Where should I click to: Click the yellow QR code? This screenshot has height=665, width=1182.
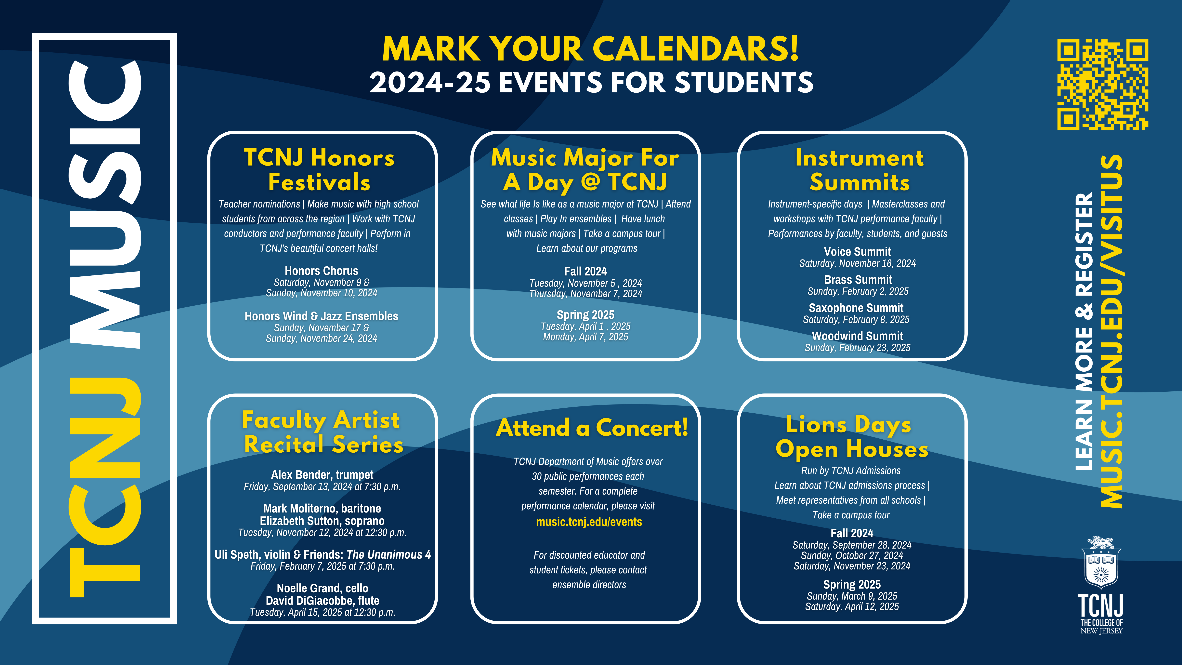tap(1103, 85)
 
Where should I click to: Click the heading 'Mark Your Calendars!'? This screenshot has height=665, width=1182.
tap(591, 49)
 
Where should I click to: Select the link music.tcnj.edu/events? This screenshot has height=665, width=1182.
tap(589, 522)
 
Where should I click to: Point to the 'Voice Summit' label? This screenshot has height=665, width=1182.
tap(857, 251)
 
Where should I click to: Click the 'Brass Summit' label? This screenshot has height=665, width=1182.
tap(858, 279)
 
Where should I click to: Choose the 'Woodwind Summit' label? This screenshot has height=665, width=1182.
tap(857, 336)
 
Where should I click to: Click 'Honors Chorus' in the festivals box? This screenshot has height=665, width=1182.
tap(321, 271)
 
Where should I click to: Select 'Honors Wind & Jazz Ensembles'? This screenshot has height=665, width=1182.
tap(321, 316)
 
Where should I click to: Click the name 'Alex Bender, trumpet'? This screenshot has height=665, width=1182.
tap(322, 474)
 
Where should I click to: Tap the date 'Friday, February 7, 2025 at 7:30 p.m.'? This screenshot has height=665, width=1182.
tap(322, 566)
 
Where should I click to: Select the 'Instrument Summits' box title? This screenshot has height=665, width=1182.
tap(860, 170)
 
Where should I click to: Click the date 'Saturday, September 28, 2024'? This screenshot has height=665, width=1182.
tap(852, 545)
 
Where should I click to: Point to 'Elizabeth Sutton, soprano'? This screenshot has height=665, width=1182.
tap(322, 521)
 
